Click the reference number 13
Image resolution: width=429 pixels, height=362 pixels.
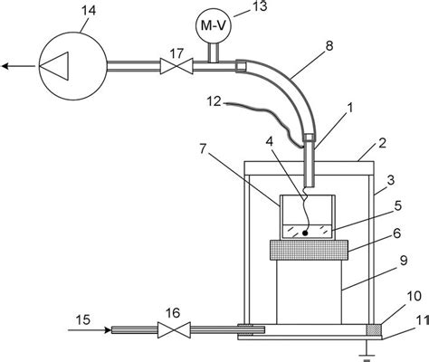259,10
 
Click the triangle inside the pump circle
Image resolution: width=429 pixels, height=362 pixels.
60,66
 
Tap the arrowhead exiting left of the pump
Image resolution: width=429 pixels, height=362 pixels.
6,66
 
